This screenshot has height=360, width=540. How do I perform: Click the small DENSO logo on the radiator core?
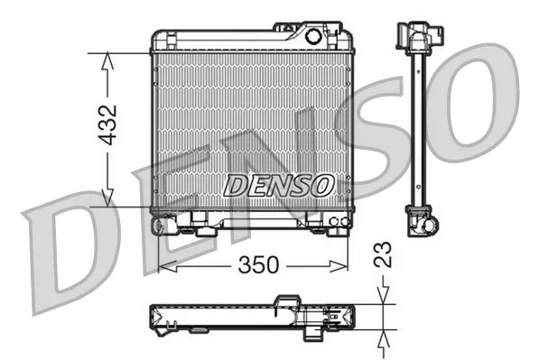pyautogui.click(x=278, y=185)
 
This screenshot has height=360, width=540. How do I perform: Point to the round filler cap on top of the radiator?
pyautogui.click(x=313, y=37)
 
